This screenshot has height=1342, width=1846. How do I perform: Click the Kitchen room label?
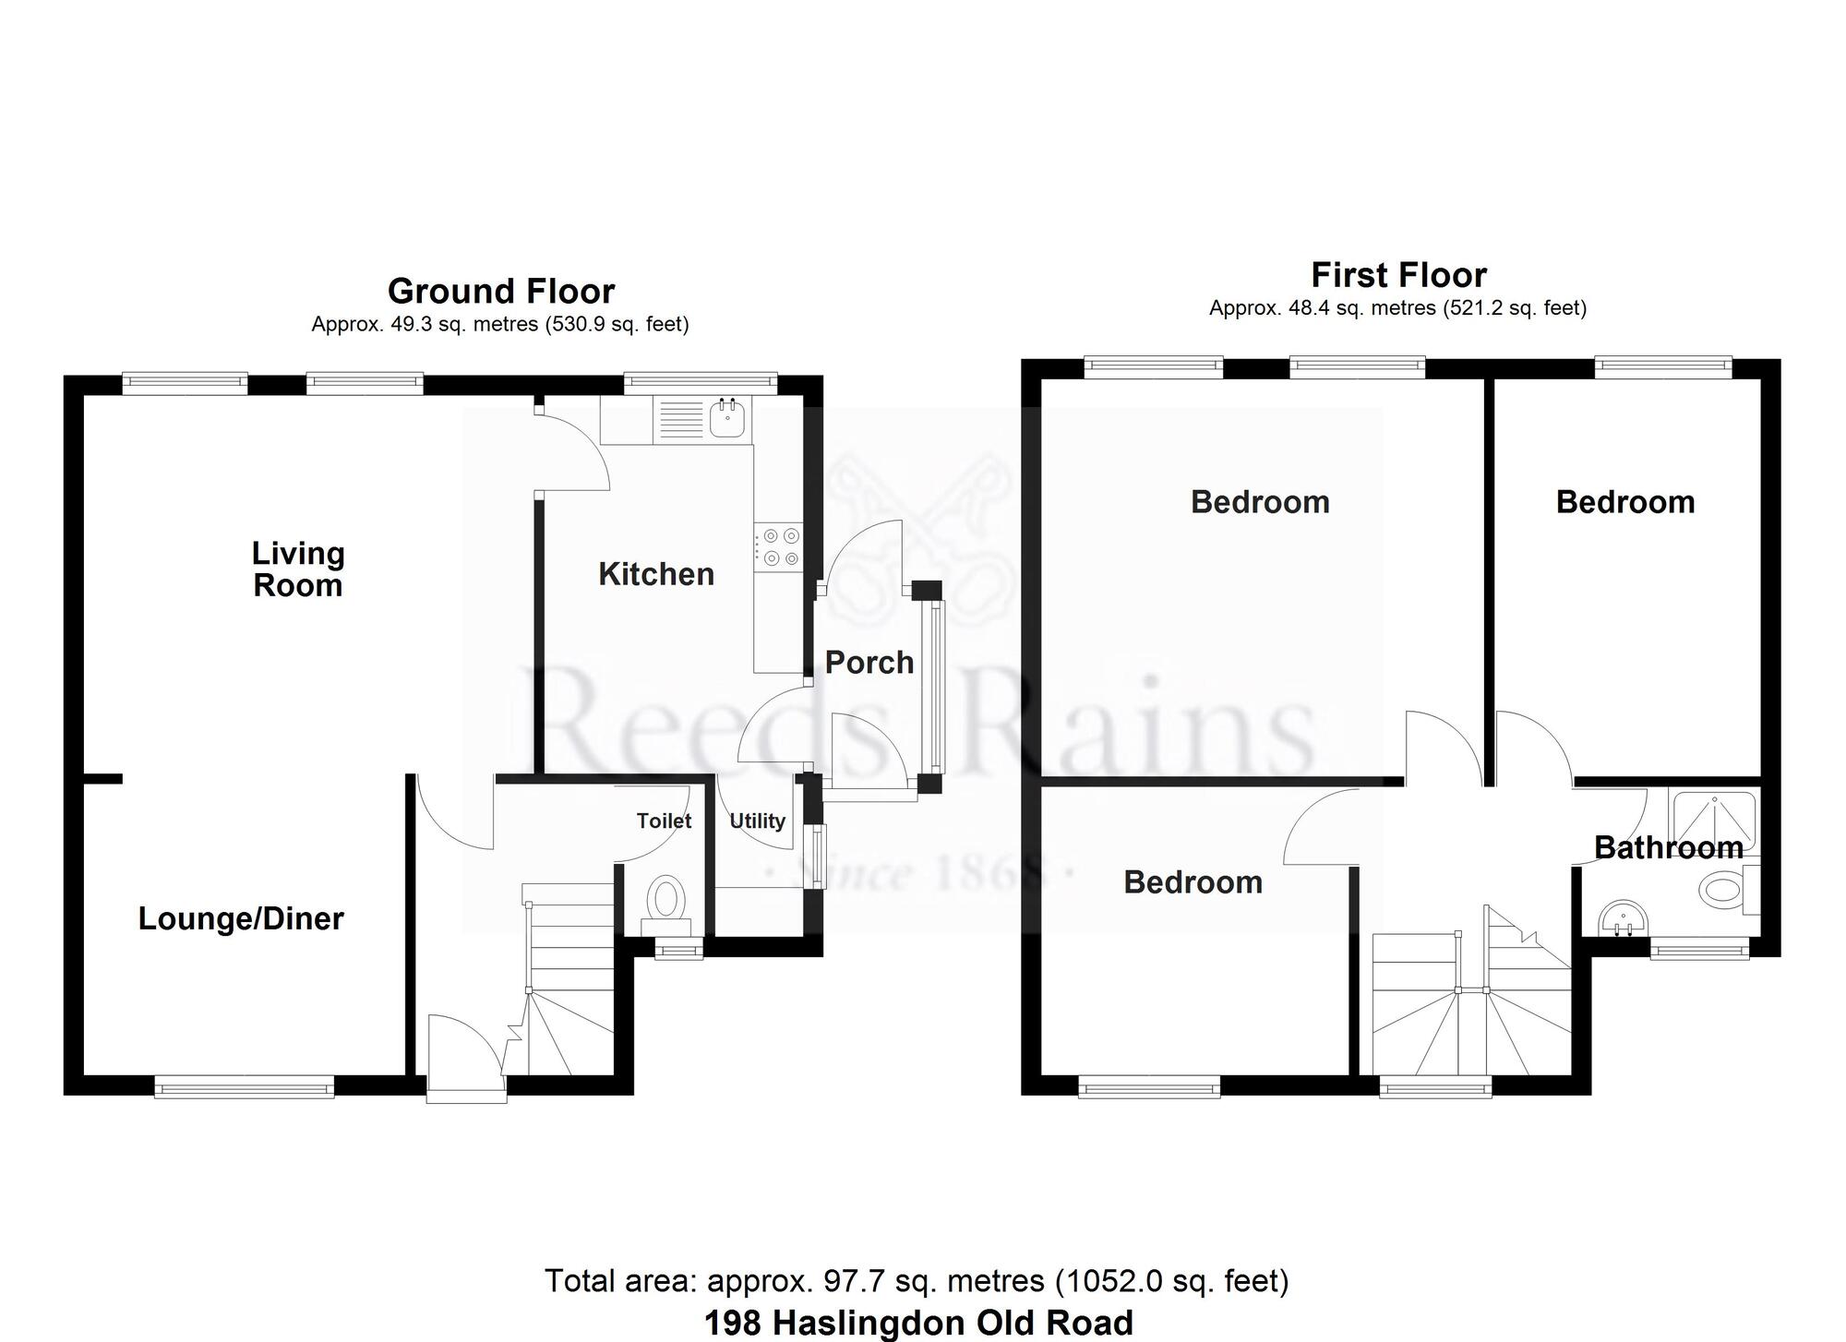656,574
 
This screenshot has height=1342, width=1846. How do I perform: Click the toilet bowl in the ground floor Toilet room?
665,895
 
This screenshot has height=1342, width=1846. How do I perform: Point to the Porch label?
869,663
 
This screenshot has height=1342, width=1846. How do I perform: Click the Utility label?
757,821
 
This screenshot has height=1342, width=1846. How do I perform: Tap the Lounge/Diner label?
241,918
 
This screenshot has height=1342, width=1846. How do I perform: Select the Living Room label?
298,569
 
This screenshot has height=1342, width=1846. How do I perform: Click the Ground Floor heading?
501,292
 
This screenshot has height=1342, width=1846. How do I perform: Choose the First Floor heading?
1398,275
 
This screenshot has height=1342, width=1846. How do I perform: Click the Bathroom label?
1668,847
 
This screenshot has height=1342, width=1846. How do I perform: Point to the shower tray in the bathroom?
1715,819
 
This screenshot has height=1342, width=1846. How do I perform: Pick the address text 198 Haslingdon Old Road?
918,1323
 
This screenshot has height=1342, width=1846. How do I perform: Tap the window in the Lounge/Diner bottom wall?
244,1089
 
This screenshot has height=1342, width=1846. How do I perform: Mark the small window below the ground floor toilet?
679,948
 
